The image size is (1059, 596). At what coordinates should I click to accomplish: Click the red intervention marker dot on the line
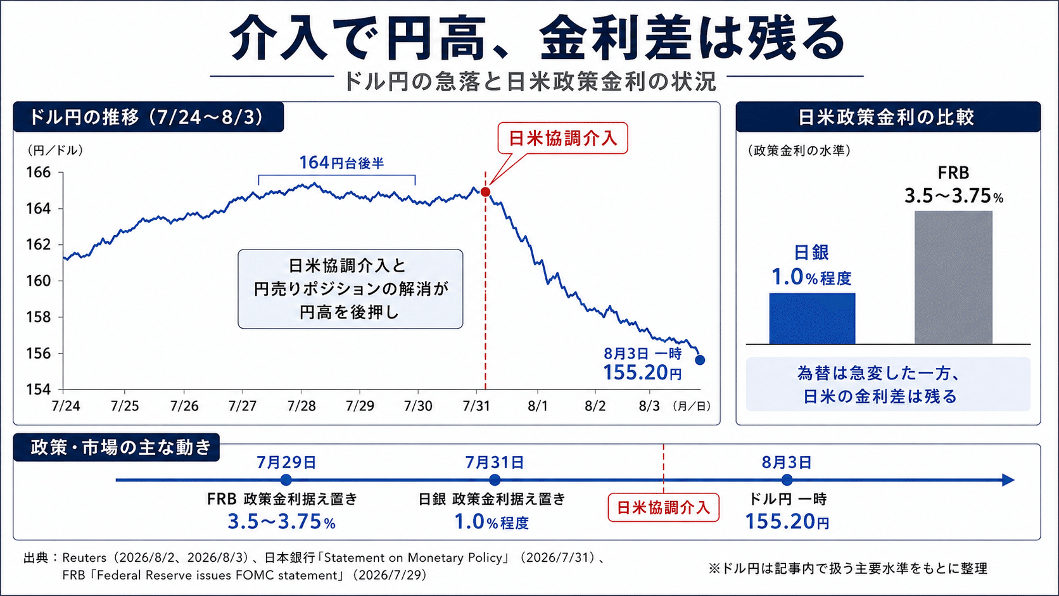(486, 192)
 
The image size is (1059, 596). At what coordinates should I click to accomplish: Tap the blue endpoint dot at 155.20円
(700, 360)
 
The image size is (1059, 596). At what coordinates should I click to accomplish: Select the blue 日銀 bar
(812, 319)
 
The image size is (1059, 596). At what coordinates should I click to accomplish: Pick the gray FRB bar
(953, 277)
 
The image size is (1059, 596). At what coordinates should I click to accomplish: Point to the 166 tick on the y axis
(38, 172)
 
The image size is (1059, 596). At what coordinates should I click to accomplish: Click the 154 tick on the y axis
(38, 390)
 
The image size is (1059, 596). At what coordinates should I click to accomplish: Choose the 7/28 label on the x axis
(301, 406)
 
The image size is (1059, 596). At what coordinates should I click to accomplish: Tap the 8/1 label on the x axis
(538, 406)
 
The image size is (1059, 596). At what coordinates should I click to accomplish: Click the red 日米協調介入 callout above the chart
(562, 139)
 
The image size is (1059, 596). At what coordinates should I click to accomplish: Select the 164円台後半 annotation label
(341, 163)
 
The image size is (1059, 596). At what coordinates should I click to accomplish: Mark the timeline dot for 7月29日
(286, 480)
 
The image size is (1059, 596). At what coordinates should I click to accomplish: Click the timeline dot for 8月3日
(787, 480)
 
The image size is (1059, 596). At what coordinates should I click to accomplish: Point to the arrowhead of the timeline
(1008, 480)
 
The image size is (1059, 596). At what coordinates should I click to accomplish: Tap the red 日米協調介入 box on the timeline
(663, 507)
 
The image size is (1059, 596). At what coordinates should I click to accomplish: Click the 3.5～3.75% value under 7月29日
(282, 522)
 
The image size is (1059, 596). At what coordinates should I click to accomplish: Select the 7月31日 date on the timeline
(495, 462)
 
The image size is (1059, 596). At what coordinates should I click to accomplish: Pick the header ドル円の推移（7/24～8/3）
(146, 117)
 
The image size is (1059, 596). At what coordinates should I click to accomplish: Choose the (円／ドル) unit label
(55, 150)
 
